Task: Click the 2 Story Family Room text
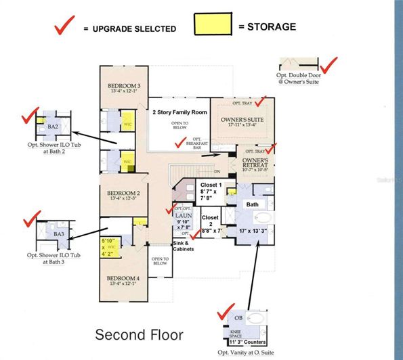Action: pyautogui.click(x=179, y=112)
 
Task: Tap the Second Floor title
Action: pyautogui.click(x=139, y=334)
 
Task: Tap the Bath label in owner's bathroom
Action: pyautogui.click(x=252, y=204)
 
